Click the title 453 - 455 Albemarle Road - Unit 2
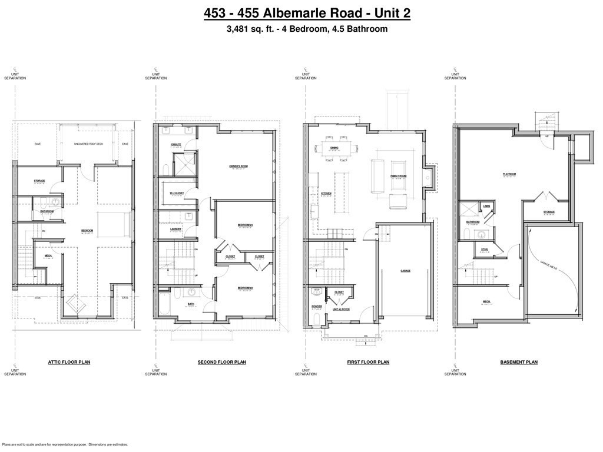(x=307, y=13)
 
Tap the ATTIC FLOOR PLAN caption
(x=69, y=363)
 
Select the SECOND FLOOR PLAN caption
(x=222, y=363)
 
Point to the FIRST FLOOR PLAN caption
(x=368, y=363)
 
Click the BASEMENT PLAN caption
(x=518, y=363)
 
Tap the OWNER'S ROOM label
(x=238, y=167)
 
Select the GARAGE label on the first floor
(x=405, y=271)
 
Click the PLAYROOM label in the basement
(x=509, y=174)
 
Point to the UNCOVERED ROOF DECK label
(x=88, y=144)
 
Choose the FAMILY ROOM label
(x=399, y=176)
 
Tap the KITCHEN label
(x=326, y=194)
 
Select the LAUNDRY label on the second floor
(x=175, y=229)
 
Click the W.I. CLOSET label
(x=177, y=192)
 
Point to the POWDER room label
(x=317, y=306)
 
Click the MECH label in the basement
(x=487, y=301)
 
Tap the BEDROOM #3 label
(x=245, y=225)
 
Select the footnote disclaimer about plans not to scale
(x=65, y=445)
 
